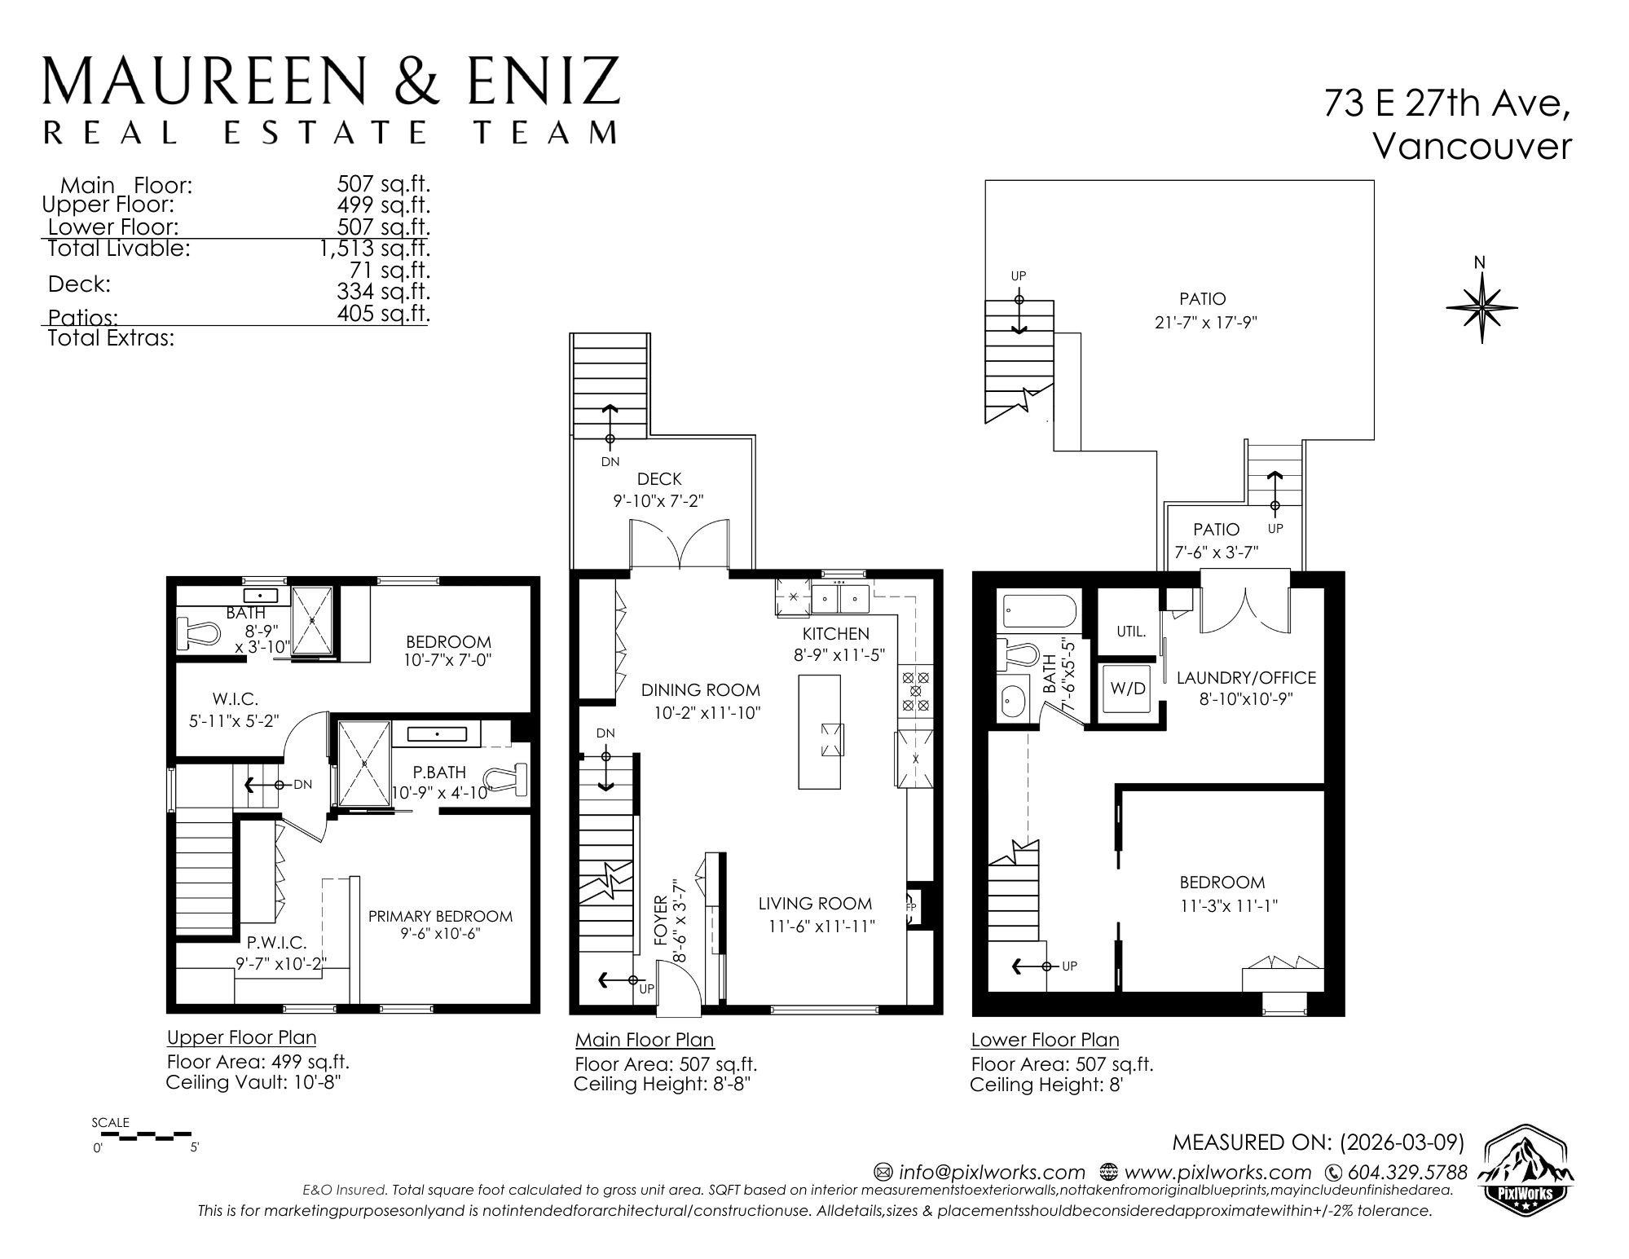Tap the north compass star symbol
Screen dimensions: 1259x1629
(x=1481, y=308)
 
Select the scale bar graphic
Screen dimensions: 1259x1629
(x=143, y=1134)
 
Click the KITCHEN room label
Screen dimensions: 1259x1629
(x=835, y=633)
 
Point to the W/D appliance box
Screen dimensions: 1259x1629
(x=1128, y=689)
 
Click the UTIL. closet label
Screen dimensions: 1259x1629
(x=1130, y=631)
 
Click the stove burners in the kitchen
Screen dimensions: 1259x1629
(x=914, y=693)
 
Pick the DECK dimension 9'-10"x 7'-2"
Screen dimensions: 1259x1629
(x=658, y=501)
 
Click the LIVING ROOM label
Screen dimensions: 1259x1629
(x=815, y=903)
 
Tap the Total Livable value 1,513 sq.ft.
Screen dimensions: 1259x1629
(x=375, y=248)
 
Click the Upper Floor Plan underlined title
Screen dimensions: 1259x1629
(x=241, y=1037)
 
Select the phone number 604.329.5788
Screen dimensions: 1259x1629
(x=1407, y=1173)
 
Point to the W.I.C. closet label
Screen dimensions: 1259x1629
(x=235, y=698)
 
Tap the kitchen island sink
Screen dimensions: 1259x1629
(x=833, y=739)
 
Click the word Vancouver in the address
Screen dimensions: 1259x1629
(x=1472, y=147)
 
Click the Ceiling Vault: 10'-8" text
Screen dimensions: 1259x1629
(x=253, y=1082)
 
